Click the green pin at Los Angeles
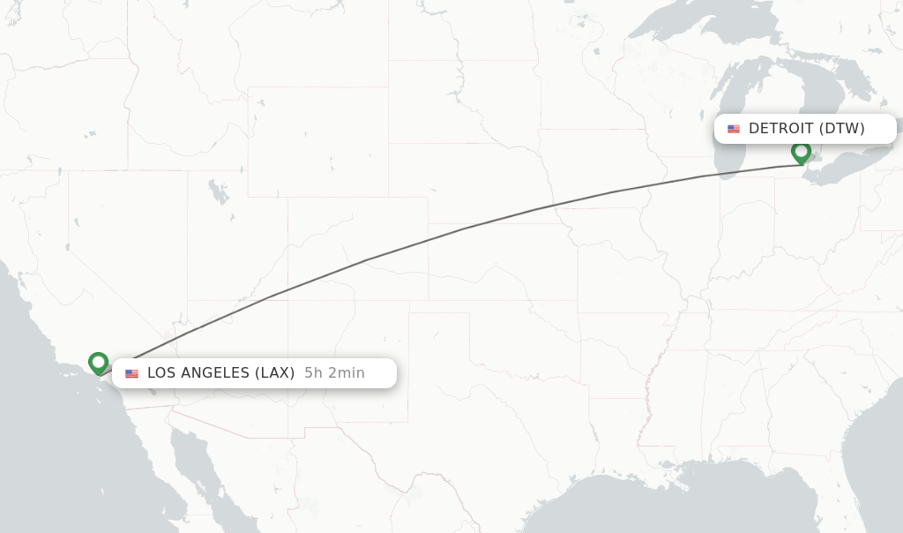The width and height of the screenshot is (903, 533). pyautogui.click(x=98, y=362)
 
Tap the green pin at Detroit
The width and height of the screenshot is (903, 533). pyautogui.click(x=801, y=152)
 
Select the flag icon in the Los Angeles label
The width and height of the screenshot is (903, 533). pyautogui.click(x=131, y=373)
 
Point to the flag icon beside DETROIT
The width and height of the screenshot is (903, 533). pyautogui.click(x=734, y=129)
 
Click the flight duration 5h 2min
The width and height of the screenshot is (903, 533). pyautogui.click(x=334, y=373)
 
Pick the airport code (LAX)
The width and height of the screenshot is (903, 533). pyautogui.click(x=274, y=373)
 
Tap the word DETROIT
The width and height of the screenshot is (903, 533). pyautogui.click(x=780, y=129)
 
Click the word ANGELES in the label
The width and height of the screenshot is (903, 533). pyautogui.click(x=216, y=373)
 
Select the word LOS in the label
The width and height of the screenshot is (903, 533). pyautogui.click(x=161, y=373)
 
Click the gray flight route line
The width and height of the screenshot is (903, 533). pyautogui.click(x=459, y=229)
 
